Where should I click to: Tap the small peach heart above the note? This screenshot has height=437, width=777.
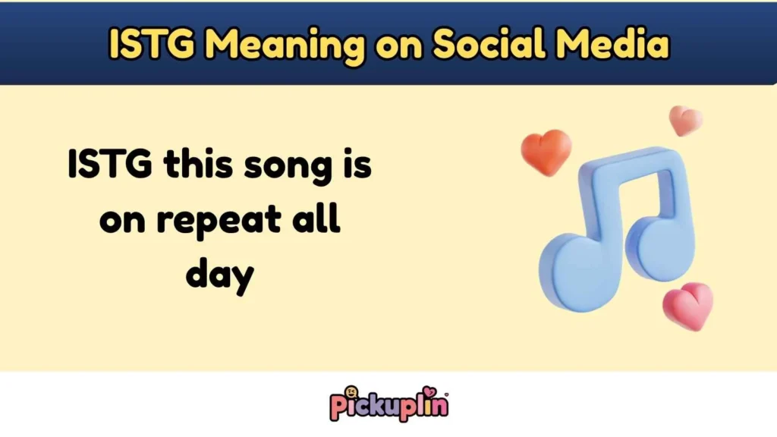[685, 121]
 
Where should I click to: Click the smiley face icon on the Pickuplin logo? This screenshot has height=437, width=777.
[352, 394]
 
